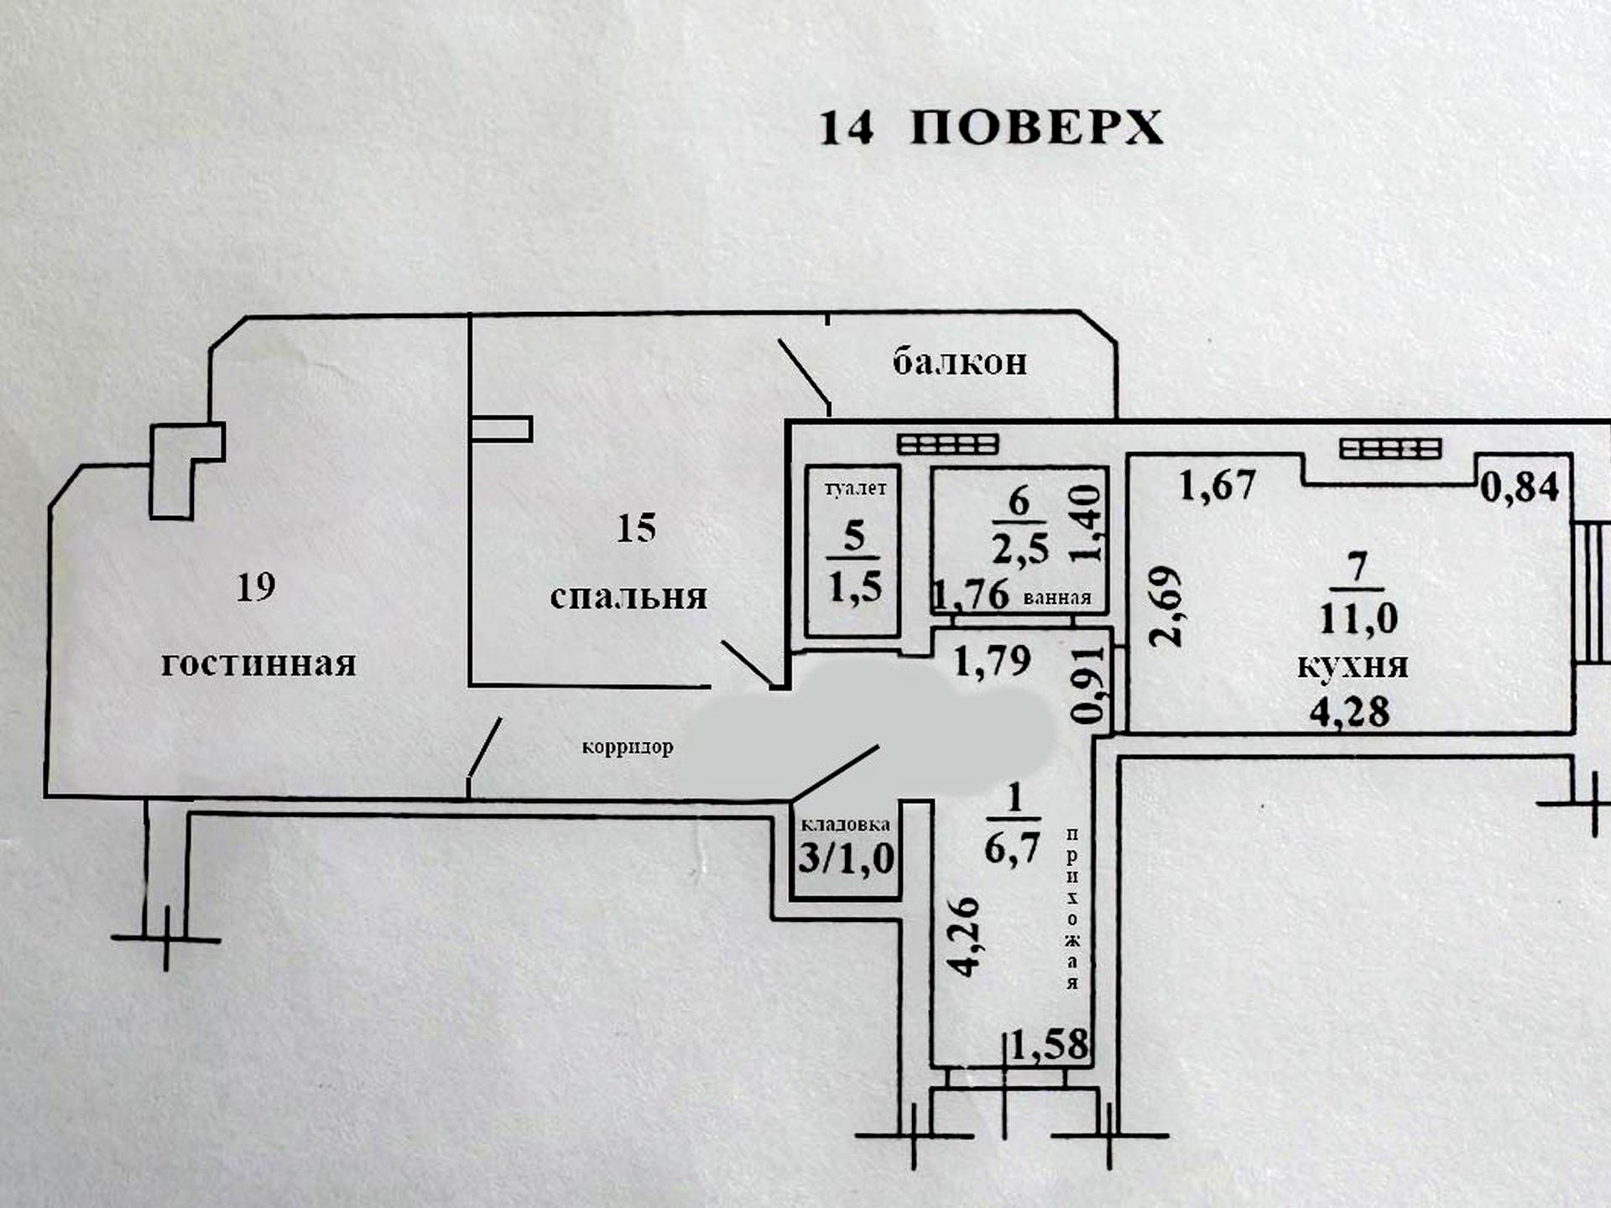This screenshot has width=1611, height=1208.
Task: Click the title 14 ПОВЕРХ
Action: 991,128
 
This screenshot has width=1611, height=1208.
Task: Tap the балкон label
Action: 959,362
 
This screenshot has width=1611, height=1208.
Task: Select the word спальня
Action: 628,596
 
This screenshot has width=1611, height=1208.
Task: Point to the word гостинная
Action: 258,664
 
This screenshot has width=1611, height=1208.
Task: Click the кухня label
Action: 1353,665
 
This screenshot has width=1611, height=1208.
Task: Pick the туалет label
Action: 855,488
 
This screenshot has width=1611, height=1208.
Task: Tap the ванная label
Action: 1057,597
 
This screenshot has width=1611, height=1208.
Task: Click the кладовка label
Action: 845,825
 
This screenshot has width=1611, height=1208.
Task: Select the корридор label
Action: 628,747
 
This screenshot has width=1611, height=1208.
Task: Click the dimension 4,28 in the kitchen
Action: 1349,711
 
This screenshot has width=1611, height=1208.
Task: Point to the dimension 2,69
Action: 1166,607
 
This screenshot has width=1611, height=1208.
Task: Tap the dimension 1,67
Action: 1217,485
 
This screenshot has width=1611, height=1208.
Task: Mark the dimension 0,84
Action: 1520,487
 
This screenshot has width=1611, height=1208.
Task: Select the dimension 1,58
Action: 1049,1045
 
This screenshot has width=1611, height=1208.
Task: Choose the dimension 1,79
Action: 993,661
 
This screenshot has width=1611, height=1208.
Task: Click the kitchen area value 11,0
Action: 1358,618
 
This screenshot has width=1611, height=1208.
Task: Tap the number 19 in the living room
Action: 256,587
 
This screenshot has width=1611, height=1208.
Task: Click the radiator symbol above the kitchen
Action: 1390,450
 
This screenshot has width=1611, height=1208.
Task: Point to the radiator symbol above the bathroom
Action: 947,444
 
